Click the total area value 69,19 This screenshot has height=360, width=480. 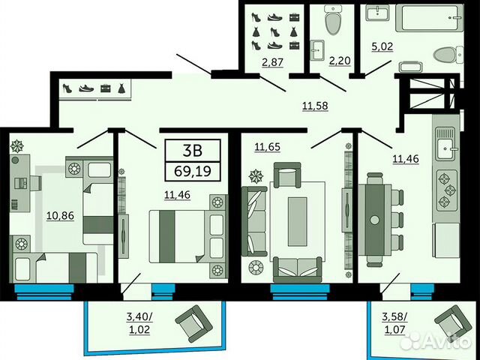tap(193, 171)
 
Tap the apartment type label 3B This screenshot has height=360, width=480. tap(192, 150)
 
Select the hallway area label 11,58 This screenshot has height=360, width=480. tap(315, 106)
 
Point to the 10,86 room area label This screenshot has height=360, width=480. tap(60, 215)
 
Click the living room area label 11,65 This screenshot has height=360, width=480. tap(268, 147)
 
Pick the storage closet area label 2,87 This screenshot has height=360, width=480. tap(272, 62)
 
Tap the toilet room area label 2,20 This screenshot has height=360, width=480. tap(340, 61)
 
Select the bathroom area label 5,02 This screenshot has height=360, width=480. tap(382, 46)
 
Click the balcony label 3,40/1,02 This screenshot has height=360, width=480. tap(139, 323)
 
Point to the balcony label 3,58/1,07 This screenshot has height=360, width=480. tap(394, 323)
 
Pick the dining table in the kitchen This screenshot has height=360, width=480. tap(375, 220)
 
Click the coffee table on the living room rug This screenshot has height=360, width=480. tap(297, 221)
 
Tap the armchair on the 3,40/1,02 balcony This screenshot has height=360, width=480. tap(193, 323)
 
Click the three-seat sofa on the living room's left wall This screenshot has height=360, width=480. tap(254, 221)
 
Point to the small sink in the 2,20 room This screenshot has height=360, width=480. tap(318, 49)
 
